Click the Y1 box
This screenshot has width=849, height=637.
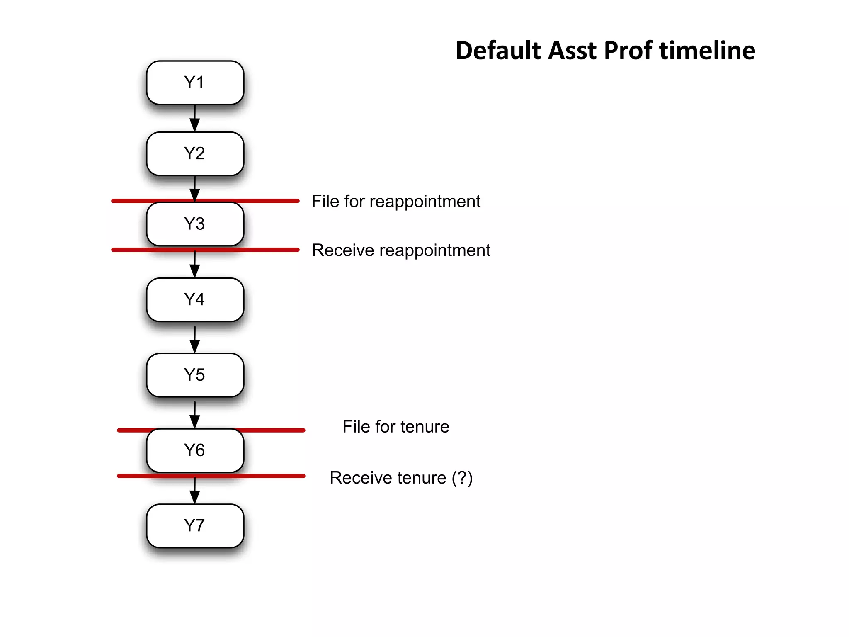(x=195, y=83)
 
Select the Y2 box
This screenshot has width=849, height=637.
(x=195, y=153)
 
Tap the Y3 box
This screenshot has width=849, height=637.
(x=195, y=224)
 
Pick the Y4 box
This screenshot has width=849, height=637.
(x=195, y=299)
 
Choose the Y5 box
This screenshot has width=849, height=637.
(x=195, y=375)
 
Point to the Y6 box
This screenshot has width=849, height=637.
(x=195, y=450)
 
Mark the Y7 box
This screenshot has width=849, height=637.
(x=195, y=526)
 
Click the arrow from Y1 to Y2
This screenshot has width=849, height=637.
(x=195, y=119)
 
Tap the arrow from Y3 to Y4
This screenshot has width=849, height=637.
(x=195, y=265)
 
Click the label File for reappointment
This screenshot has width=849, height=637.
(x=396, y=202)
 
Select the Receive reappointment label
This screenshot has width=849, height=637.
(x=401, y=250)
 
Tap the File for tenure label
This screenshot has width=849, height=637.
(x=396, y=427)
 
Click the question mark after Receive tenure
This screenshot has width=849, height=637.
(x=462, y=478)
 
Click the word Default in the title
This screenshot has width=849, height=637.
(x=499, y=51)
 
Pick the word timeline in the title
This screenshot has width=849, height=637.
(x=707, y=51)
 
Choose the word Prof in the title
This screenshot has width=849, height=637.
(x=628, y=51)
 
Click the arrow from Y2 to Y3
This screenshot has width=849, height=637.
(x=195, y=189)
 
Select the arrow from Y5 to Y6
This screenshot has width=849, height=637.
(x=195, y=415)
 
